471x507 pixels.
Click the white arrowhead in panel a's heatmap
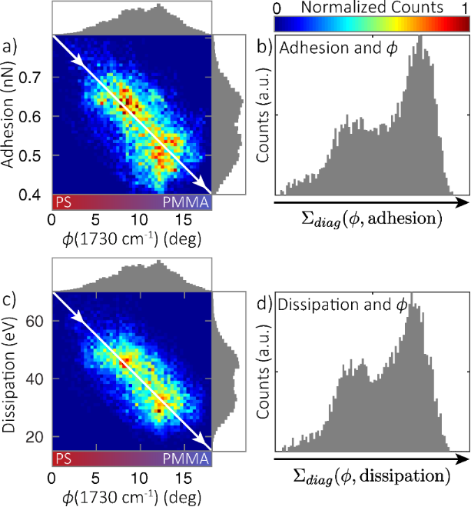205,190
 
